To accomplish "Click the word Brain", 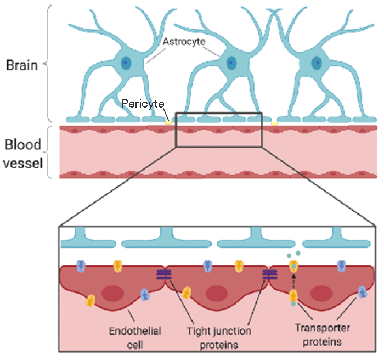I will pyautogui.click(x=21, y=65).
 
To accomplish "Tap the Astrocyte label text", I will pyautogui.click(x=182, y=41).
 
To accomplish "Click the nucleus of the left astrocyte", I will pyautogui.click(x=127, y=63).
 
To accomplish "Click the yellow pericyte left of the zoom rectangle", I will pyautogui.click(x=168, y=122).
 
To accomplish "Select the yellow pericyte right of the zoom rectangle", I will pyautogui.click(x=274, y=123).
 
